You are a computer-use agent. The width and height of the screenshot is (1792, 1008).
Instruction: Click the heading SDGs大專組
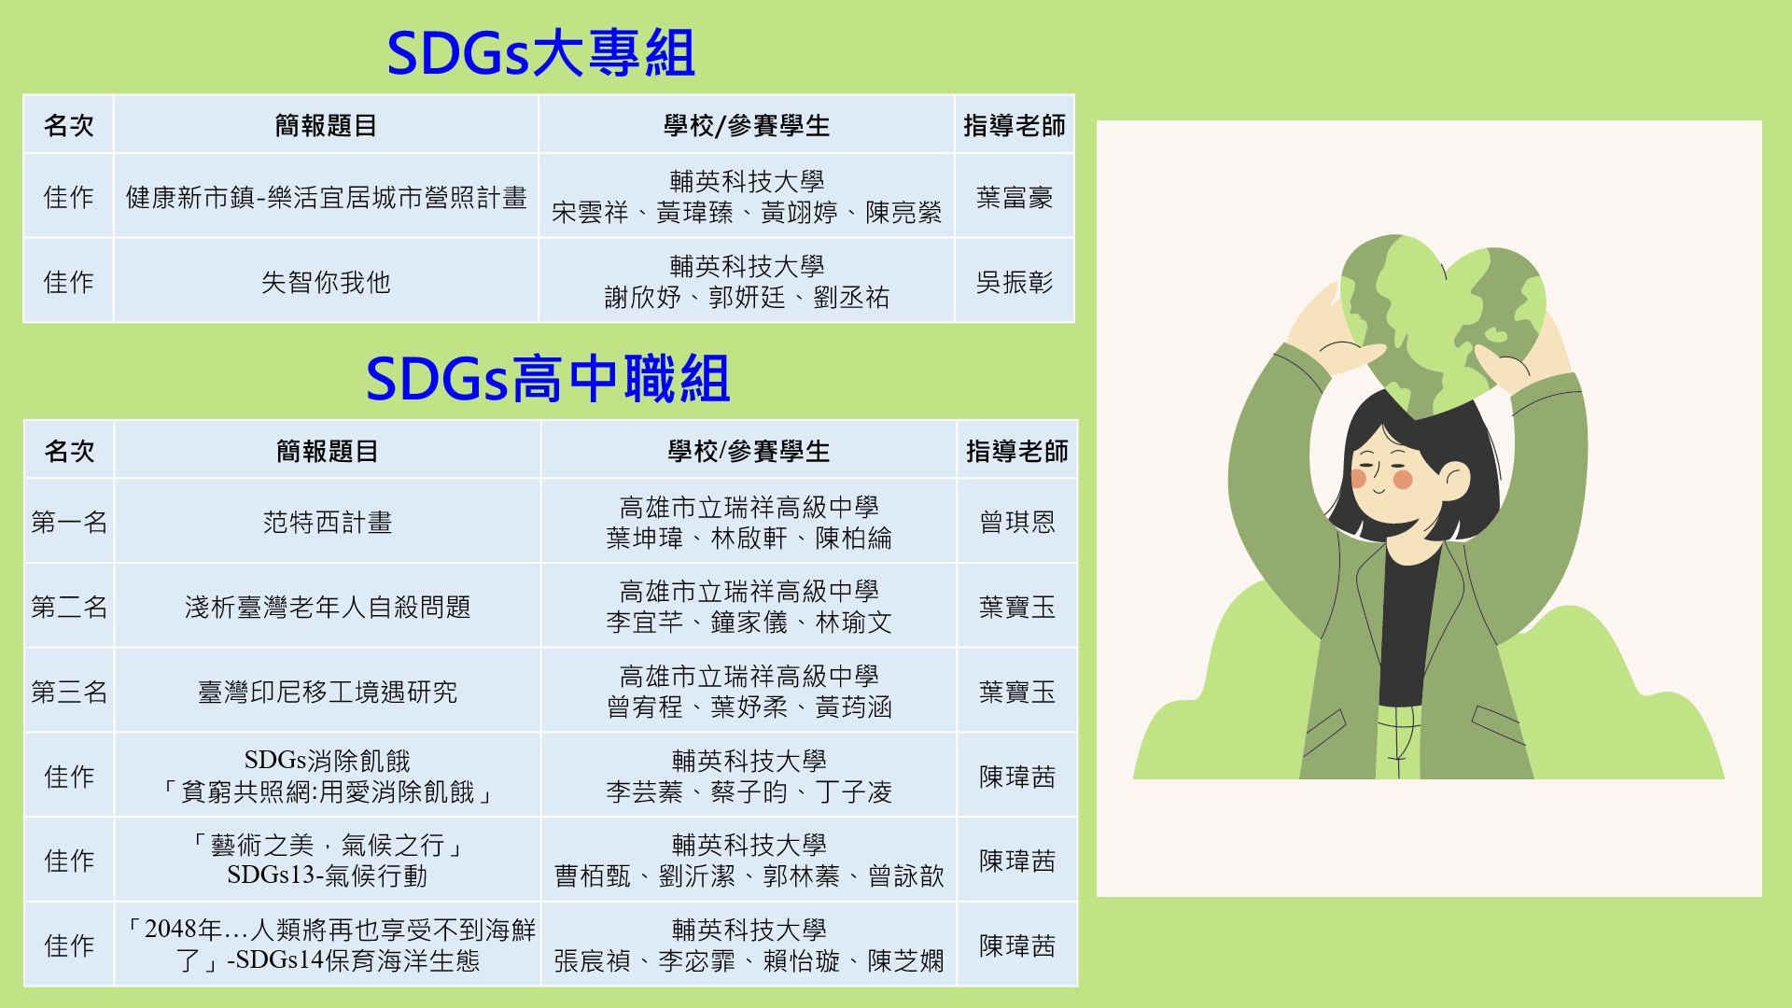[540, 53]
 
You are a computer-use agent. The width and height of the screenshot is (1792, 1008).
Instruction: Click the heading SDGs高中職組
[547, 379]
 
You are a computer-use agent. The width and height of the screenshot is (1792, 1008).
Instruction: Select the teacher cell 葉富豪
[1015, 197]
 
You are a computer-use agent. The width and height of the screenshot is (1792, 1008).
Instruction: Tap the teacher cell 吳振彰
[1015, 282]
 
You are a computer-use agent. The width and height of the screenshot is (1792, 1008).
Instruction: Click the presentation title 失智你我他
[326, 282]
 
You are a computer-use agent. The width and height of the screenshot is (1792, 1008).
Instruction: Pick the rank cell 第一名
[69, 522]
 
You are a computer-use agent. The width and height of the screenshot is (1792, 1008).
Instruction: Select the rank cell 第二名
[69, 607]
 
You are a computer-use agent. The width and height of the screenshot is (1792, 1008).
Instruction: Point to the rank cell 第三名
[69, 692]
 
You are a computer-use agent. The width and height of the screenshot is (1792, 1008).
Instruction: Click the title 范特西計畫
[328, 522]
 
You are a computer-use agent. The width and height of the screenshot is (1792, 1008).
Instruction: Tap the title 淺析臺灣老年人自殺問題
[328, 607]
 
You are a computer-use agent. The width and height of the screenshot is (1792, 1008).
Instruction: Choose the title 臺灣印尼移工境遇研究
[328, 692]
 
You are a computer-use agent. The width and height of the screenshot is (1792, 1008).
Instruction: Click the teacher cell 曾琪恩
[1017, 522]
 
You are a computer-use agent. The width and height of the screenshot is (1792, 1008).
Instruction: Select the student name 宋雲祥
[590, 213]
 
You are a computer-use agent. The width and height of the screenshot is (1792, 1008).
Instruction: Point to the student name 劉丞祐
[851, 298]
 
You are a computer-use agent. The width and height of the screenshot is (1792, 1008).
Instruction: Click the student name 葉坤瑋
[645, 539]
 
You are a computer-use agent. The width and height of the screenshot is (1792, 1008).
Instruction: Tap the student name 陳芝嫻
[906, 961]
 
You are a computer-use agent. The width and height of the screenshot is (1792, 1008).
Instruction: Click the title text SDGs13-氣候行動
[327, 875]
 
